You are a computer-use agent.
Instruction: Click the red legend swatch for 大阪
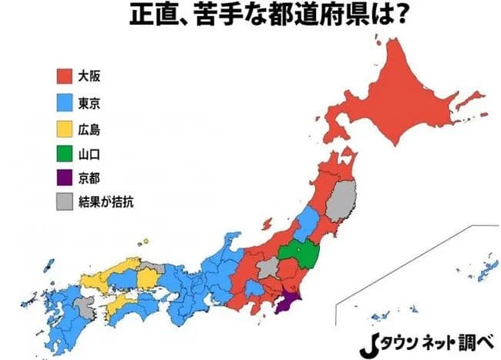[x=65, y=76]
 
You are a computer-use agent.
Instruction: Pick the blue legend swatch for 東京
[x=65, y=102]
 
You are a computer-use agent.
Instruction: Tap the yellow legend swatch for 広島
[x=65, y=127]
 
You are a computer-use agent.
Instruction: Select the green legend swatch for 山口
[x=65, y=153]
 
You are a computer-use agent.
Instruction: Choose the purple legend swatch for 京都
[x=65, y=178]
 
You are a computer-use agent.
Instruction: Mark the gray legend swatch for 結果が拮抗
[x=65, y=203]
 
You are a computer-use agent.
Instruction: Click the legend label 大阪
[x=90, y=76]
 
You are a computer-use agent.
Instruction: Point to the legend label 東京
[x=90, y=102]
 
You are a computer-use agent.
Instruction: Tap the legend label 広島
[x=90, y=127]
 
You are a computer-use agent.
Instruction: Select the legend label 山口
[x=90, y=153]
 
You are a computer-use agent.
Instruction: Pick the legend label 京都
[x=90, y=178]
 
